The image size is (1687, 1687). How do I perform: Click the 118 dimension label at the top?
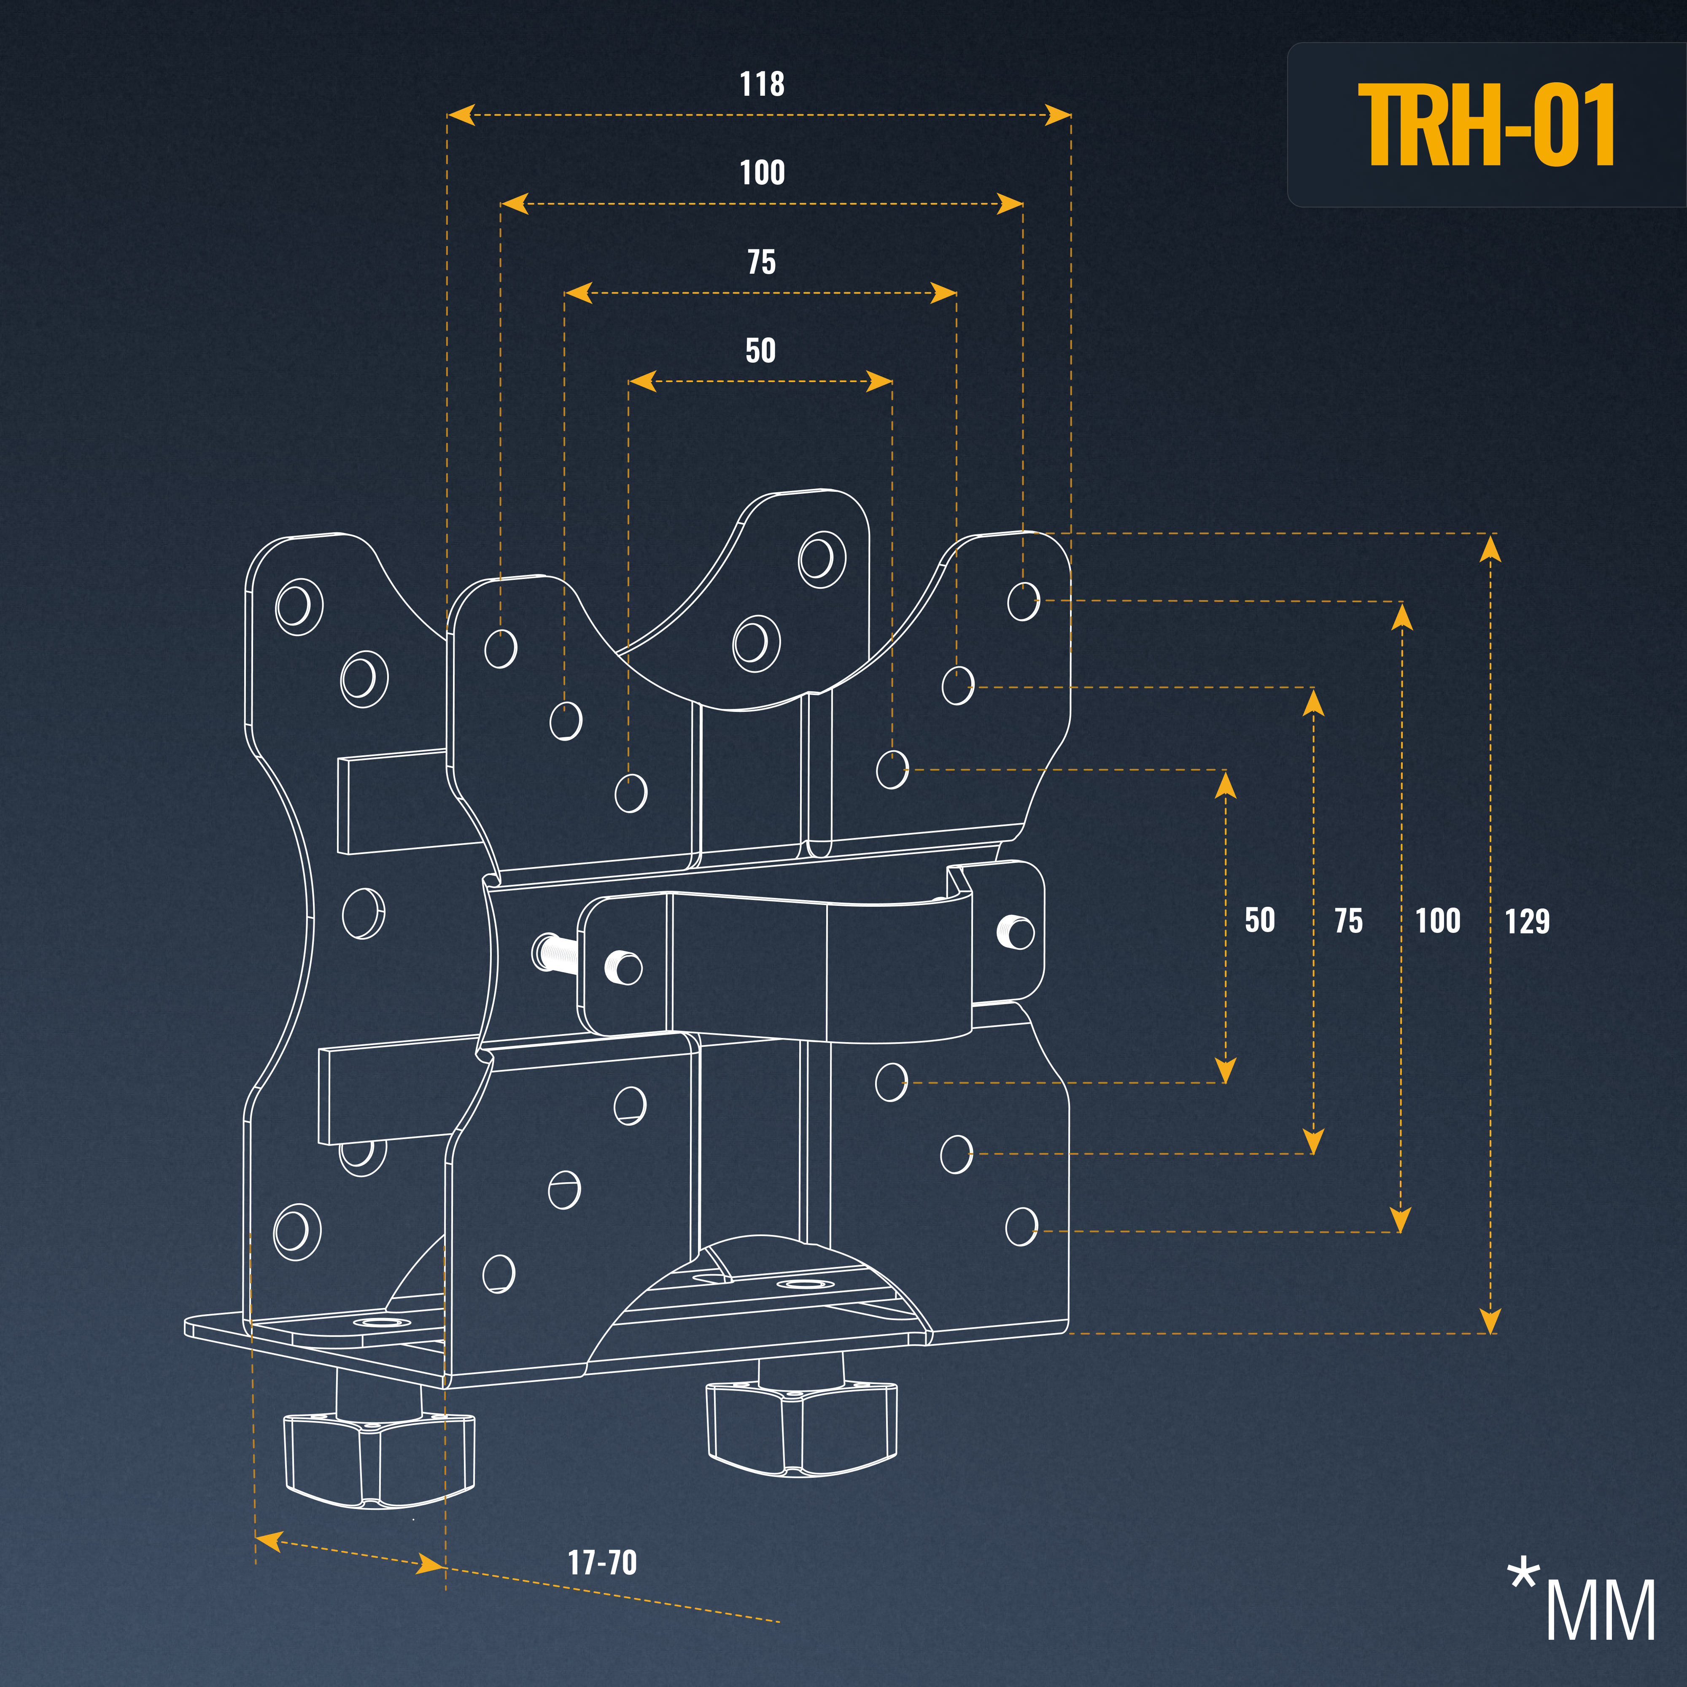[761, 85]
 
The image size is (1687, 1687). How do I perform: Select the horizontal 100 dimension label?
[761, 173]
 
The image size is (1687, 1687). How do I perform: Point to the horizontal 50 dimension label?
[760, 351]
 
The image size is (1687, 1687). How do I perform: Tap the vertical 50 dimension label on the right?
[1259, 920]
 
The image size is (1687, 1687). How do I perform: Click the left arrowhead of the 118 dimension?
[460, 114]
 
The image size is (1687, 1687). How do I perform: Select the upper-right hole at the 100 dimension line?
[1024, 601]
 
